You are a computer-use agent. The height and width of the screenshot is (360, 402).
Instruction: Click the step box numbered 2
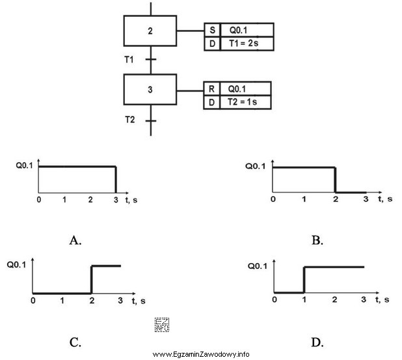pyautogui.click(x=150, y=31)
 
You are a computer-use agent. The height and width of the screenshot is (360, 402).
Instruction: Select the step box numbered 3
pyautogui.click(x=150, y=90)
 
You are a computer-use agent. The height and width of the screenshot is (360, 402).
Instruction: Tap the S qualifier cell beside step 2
pyautogui.click(x=211, y=31)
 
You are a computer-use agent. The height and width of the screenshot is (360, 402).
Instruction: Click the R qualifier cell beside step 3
pyautogui.click(x=211, y=89)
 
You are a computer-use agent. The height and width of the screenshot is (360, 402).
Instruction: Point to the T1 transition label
pyautogui.click(x=129, y=60)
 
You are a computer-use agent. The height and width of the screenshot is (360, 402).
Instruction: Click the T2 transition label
pyautogui.click(x=130, y=120)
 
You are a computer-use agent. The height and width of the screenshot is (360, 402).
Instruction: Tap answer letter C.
pyautogui.click(x=75, y=341)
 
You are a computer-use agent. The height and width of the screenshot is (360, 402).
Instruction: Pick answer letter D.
pyautogui.click(x=317, y=341)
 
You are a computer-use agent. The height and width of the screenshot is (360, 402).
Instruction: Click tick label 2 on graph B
pyautogui.click(x=335, y=199)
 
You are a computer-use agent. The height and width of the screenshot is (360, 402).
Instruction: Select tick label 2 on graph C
pyautogui.click(x=91, y=301)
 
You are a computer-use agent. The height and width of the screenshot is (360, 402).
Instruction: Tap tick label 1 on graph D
pyautogui.click(x=304, y=299)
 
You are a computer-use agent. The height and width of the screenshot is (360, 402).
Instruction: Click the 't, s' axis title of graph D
pyautogui.click(x=382, y=299)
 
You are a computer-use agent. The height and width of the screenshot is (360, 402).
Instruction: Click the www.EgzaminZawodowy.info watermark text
pyautogui.click(x=201, y=354)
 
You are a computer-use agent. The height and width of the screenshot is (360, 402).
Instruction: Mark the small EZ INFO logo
pyautogui.click(x=161, y=324)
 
